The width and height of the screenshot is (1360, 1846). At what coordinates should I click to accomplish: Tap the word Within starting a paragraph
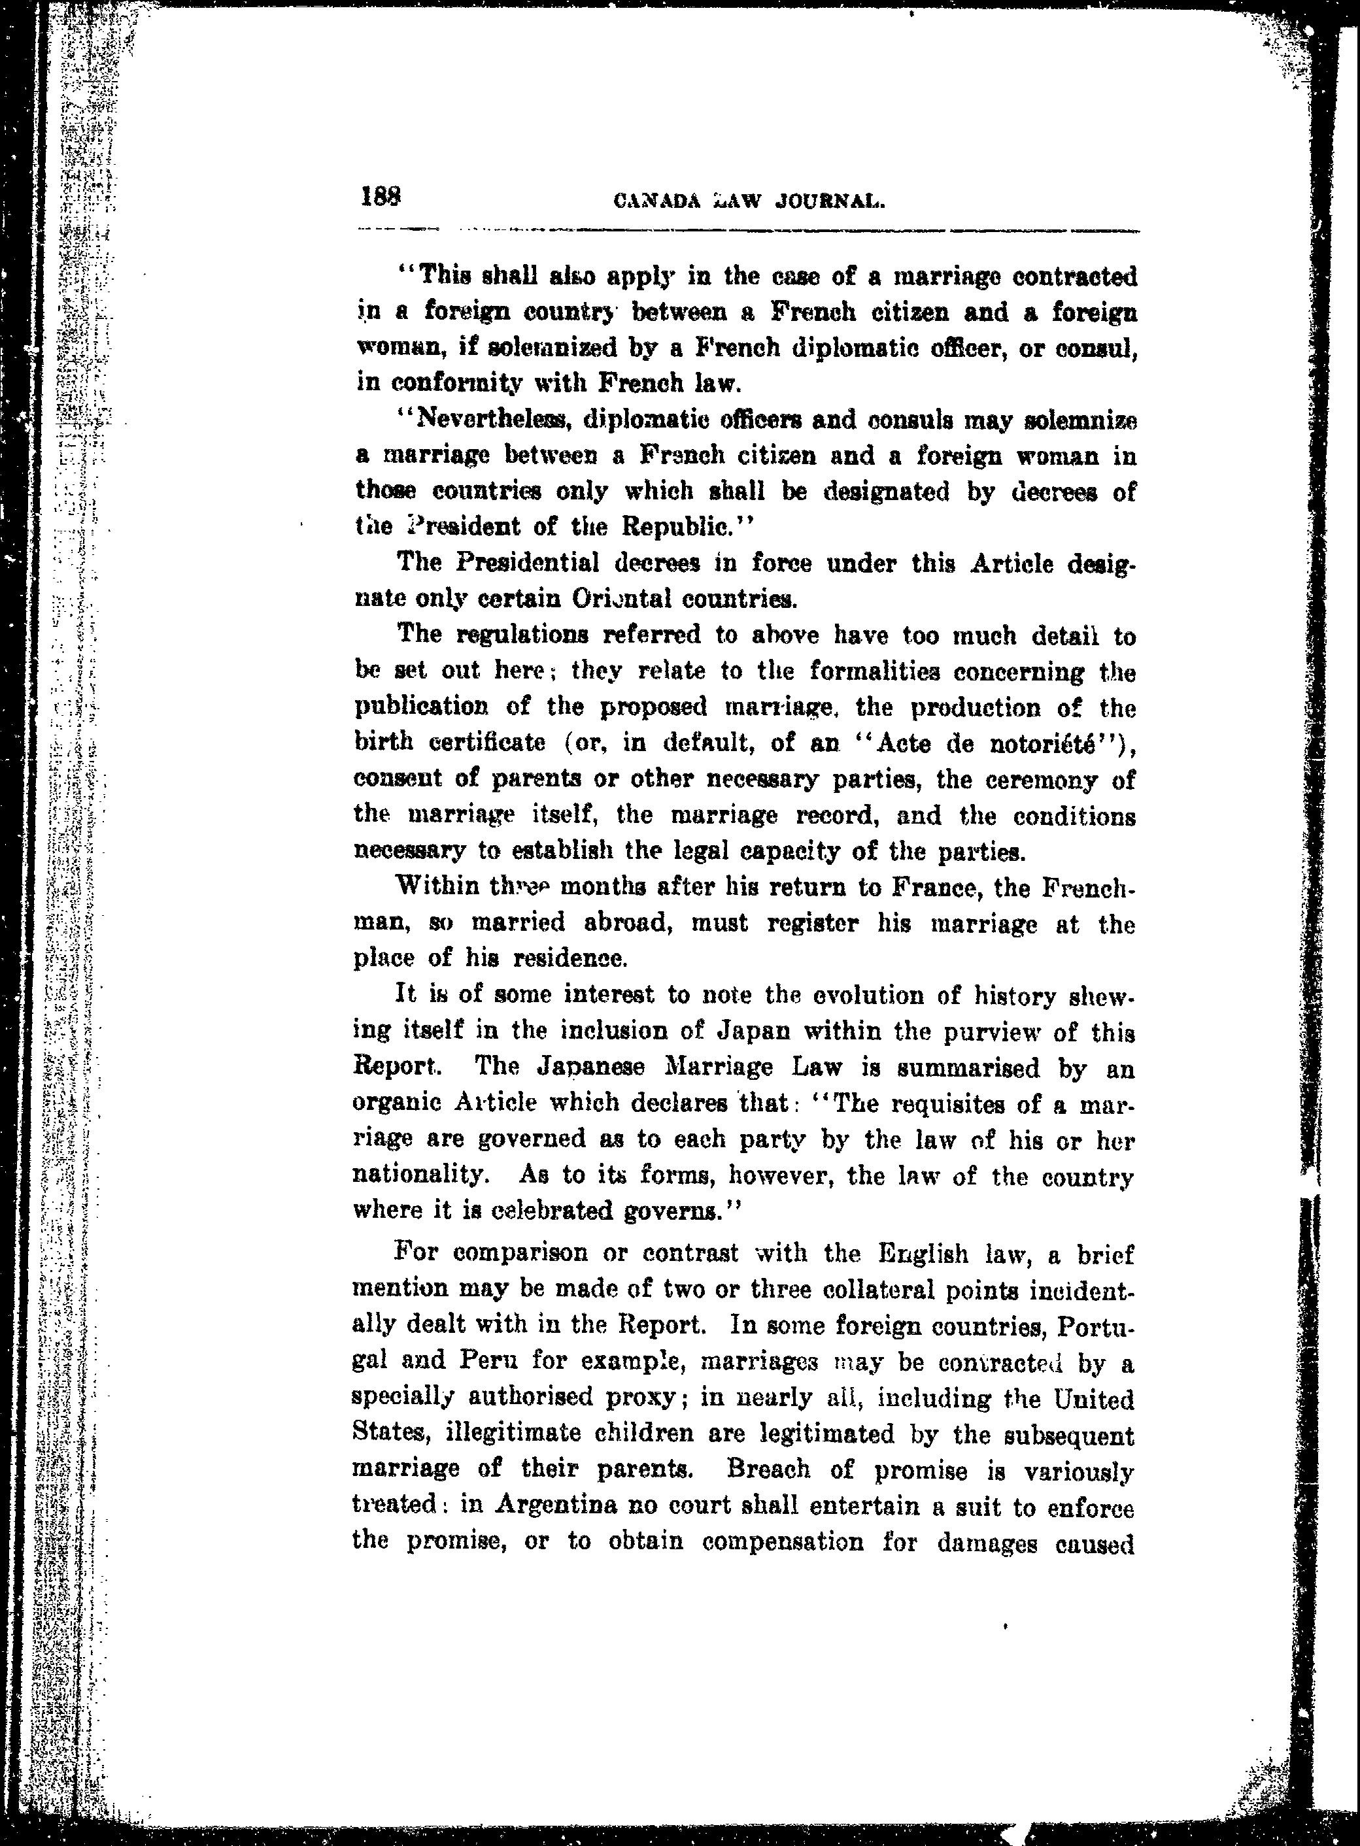coord(438,886)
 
